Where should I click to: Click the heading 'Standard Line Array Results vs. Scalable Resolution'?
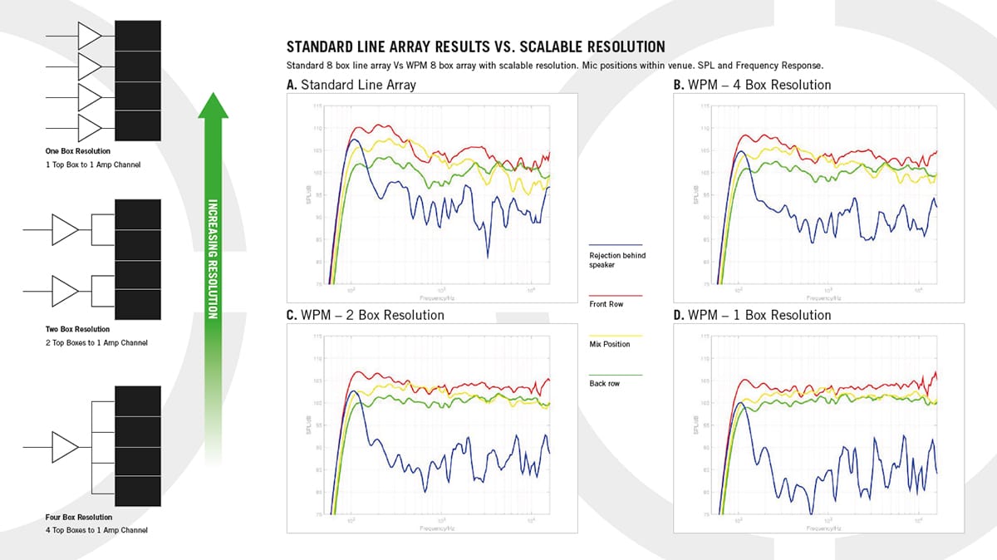coord(475,47)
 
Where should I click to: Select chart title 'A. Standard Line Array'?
coord(351,84)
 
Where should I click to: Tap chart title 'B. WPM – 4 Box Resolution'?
coord(751,84)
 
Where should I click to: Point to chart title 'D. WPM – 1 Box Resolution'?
coord(752,315)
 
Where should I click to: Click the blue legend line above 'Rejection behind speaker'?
coord(615,243)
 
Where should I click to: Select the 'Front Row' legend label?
coord(606,304)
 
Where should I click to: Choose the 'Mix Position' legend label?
coord(609,344)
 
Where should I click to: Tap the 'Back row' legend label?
coord(604,384)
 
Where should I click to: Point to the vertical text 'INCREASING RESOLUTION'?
coord(212,258)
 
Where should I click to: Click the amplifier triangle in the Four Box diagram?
coord(65,445)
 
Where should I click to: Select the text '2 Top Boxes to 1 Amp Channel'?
coord(96,343)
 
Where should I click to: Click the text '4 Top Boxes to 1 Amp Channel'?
coord(96,530)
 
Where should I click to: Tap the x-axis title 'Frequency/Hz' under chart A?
coord(440,296)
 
